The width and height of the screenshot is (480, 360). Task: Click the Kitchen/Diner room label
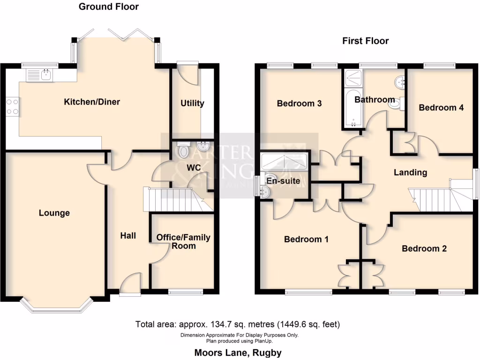tap(92, 102)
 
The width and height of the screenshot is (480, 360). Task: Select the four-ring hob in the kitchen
tap(13, 106)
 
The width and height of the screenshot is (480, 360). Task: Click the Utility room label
tap(192, 103)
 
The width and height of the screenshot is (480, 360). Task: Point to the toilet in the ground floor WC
tap(184, 150)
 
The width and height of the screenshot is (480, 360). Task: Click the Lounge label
tap(54, 213)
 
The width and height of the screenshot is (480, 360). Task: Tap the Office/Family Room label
tap(183, 241)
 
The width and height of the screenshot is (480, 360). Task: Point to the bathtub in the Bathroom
tap(352, 109)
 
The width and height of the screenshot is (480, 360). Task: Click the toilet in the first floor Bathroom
tap(395, 104)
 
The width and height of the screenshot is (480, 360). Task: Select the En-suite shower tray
tap(284, 162)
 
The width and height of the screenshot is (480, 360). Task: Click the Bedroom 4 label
tap(441, 107)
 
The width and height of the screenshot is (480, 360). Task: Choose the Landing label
tap(410, 172)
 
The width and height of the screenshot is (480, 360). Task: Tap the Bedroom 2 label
tap(424, 248)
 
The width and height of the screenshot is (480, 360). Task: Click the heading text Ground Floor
tap(108, 7)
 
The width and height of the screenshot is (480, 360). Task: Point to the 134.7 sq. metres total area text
tap(238, 324)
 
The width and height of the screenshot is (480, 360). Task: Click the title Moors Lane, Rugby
tap(238, 352)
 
